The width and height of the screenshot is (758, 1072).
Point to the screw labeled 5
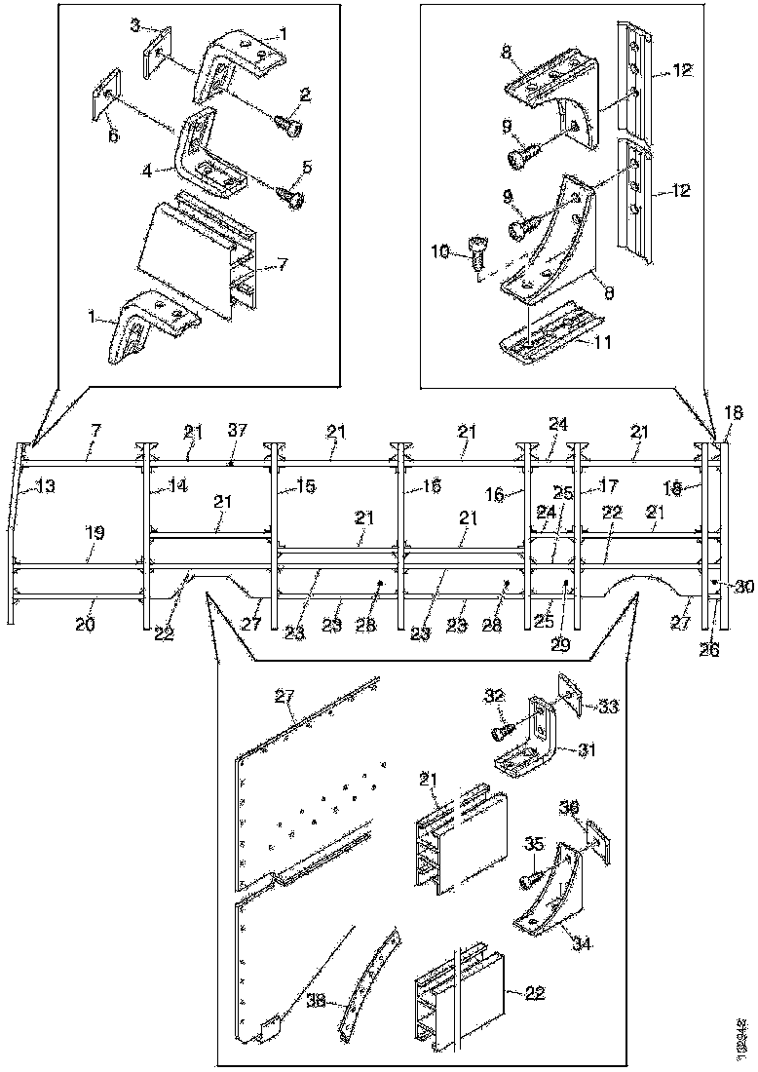pyautogui.click(x=291, y=198)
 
